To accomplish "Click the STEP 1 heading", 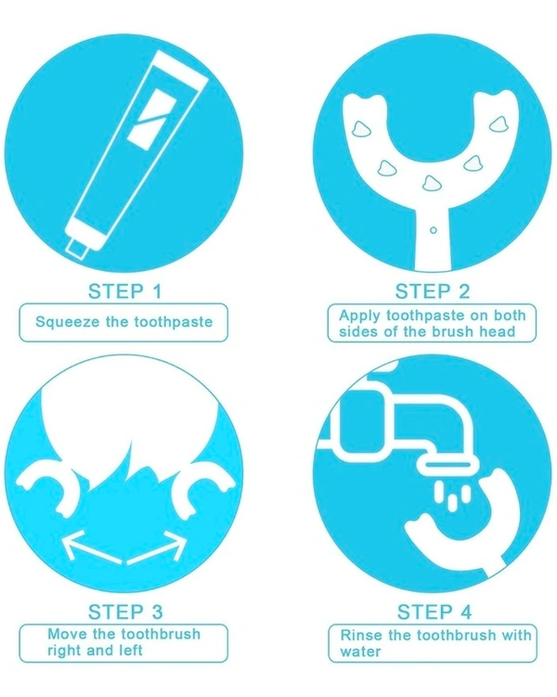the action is point(125,291).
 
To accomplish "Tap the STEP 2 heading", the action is point(433,291).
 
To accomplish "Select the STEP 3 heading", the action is point(126,613).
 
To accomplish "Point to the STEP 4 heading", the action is point(434,613).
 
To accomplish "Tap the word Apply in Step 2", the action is point(359,316).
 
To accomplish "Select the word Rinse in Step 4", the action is point(361,635).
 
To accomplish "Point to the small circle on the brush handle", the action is point(434,230).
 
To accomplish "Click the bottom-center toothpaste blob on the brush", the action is point(431,183).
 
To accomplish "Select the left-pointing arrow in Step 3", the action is point(92,547).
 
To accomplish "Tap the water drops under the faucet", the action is point(452,496).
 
